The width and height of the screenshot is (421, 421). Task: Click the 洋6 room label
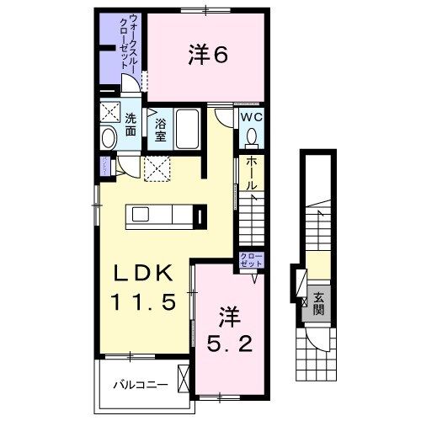coord(206,56)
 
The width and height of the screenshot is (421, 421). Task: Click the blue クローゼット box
coord(251,260)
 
